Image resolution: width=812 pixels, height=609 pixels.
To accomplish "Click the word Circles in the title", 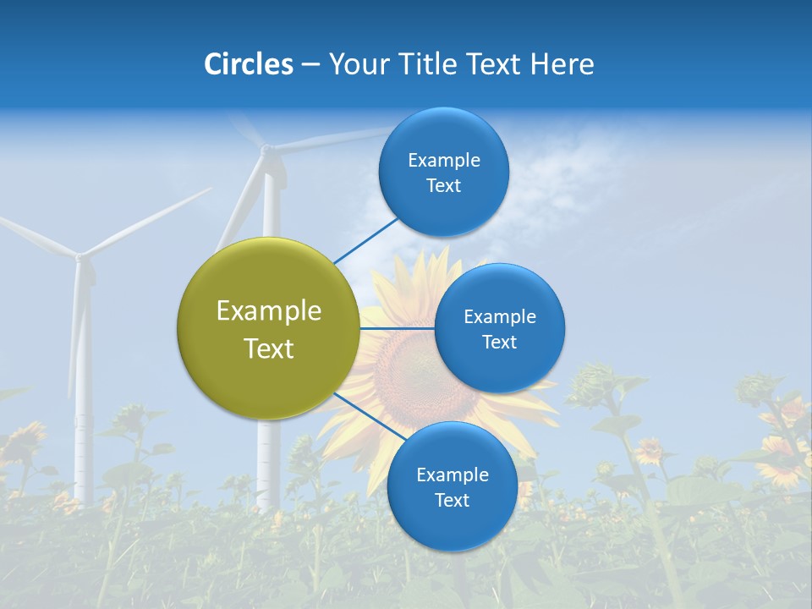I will (x=249, y=64).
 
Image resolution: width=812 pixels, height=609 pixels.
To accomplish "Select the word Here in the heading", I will (x=562, y=64).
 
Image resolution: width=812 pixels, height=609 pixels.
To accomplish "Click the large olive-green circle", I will (x=269, y=329).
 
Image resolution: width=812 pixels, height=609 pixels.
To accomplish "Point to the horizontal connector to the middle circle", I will (x=397, y=328).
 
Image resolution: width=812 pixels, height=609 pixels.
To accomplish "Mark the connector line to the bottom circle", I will (x=369, y=420).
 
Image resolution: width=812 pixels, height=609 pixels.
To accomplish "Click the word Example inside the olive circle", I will (x=269, y=311).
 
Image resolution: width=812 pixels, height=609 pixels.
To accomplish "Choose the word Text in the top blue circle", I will (x=443, y=186).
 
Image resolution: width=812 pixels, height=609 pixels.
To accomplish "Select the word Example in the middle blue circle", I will (x=499, y=317).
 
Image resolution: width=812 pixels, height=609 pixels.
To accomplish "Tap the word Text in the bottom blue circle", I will (x=452, y=500).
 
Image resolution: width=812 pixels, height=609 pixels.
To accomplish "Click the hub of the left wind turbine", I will (x=80, y=255).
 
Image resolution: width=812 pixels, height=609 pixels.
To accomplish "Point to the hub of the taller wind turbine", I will (x=267, y=150).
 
